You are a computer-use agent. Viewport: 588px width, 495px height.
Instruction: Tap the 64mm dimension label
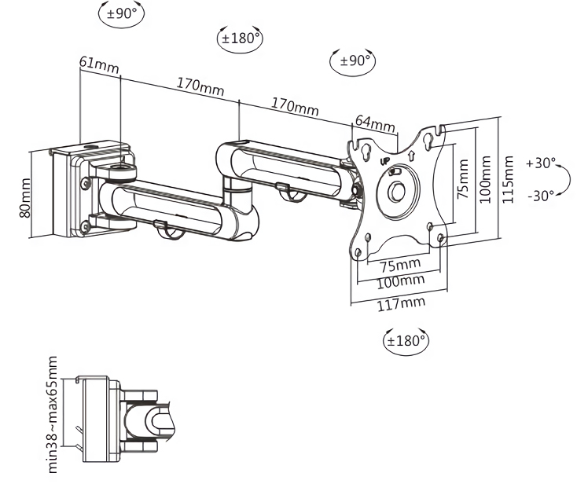click(x=374, y=123)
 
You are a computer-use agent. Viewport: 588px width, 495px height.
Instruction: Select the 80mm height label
click(x=25, y=197)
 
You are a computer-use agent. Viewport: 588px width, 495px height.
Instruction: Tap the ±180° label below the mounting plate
click(x=406, y=341)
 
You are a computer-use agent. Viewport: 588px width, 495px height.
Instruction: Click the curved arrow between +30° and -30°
click(x=564, y=179)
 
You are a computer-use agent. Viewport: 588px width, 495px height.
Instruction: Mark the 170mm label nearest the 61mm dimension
click(x=200, y=84)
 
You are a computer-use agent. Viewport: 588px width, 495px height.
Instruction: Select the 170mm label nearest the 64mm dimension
click(x=295, y=105)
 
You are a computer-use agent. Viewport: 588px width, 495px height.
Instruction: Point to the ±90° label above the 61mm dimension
click(x=122, y=13)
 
